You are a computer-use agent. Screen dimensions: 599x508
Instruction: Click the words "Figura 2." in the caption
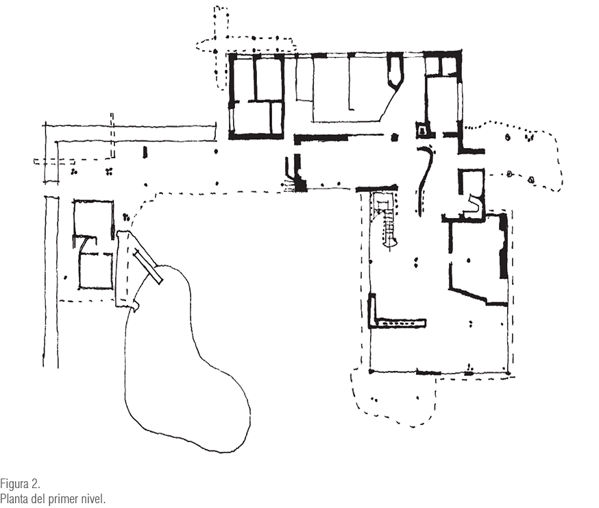[20, 484]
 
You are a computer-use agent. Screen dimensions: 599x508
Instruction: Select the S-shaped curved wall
[425, 180]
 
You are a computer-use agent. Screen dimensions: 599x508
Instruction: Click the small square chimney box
[422, 130]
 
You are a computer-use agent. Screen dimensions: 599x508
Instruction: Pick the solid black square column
[395, 137]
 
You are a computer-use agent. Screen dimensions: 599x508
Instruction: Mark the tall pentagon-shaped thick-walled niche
[395, 71]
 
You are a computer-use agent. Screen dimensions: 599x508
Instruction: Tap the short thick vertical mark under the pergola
[145, 152]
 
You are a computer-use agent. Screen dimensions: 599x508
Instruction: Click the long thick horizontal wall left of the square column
[321, 138]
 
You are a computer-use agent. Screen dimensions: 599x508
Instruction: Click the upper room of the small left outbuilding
[93, 217]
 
